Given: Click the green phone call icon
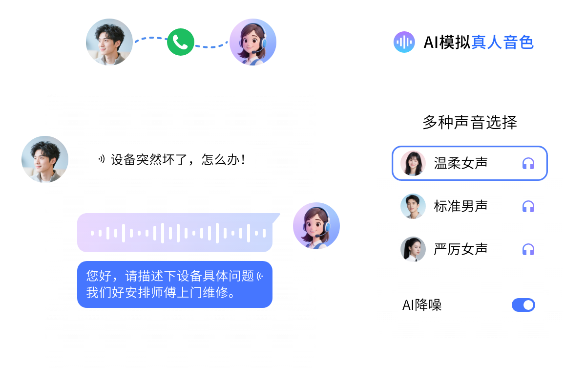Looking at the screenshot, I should (181, 42).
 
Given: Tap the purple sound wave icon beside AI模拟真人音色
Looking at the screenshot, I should (404, 42).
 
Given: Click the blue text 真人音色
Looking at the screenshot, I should (502, 43).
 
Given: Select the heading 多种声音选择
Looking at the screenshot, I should (469, 122).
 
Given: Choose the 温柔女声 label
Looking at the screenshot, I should (460, 163).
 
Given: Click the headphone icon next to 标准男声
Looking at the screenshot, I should (528, 206).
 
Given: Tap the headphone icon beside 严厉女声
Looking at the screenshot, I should (528, 249).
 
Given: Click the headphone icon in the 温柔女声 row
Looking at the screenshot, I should (528, 163).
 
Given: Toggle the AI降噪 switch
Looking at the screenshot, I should (523, 305).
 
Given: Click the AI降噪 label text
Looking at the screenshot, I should (422, 305).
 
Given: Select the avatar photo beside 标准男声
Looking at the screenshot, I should (413, 206).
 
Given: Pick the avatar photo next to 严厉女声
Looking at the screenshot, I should (413, 249).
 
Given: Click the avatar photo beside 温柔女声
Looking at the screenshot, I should (413, 163).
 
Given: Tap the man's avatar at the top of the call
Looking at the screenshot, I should (109, 42).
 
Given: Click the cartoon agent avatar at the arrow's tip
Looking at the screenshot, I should (253, 42).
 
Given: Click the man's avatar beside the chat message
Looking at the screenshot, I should (44, 160).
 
